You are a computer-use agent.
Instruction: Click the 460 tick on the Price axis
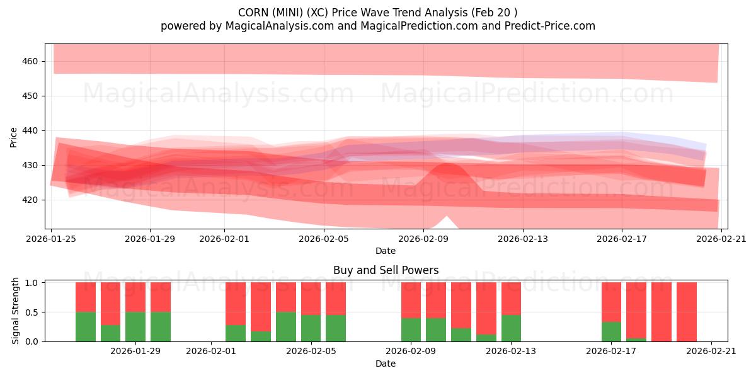(30, 61)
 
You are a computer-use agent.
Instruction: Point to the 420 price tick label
(30, 200)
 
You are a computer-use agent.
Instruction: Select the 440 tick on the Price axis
(30, 130)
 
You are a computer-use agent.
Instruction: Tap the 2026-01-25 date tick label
(51, 239)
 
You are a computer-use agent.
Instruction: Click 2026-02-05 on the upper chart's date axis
(324, 239)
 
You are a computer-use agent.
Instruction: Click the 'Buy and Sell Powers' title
(386, 270)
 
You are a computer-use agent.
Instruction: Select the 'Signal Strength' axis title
(16, 311)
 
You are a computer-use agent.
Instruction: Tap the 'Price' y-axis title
(14, 137)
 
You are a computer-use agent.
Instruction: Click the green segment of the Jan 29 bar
(135, 326)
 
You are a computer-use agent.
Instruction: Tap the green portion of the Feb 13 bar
(512, 328)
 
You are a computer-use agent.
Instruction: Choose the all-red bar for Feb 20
(687, 311)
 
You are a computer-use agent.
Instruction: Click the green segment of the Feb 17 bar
(611, 331)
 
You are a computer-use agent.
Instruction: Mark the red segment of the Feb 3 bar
(261, 306)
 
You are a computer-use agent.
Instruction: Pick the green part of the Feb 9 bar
(411, 329)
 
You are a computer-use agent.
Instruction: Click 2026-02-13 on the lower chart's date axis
(511, 351)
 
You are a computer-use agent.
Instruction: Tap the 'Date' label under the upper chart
(386, 251)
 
